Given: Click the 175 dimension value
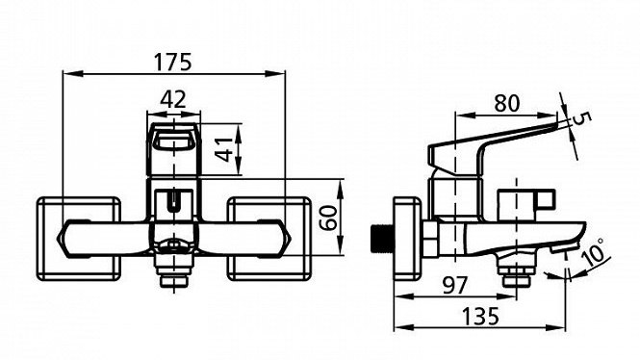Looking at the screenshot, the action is click(172, 62).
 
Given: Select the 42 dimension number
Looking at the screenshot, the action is click(173, 99).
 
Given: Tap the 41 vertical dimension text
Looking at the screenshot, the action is click(224, 149).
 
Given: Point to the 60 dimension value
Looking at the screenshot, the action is click(328, 218).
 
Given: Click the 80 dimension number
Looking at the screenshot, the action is click(507, 103).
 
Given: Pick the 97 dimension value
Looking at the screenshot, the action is click(454, 285).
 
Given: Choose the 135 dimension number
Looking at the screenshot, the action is click(480, 316).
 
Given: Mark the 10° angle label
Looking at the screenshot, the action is click(594, 250).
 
